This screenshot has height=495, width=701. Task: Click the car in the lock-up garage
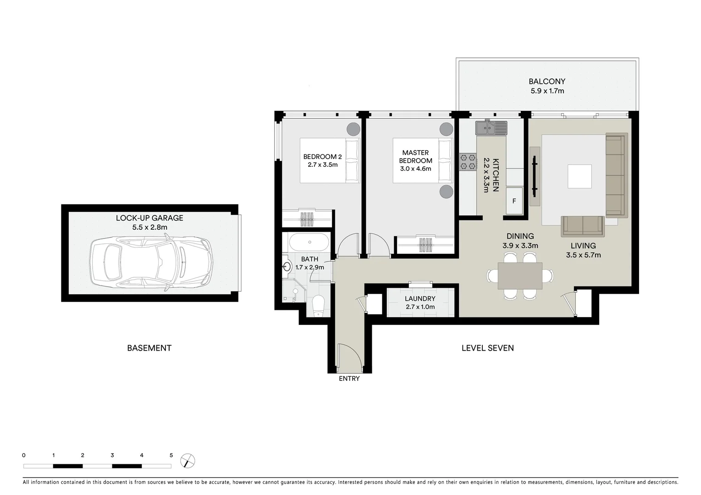coord(151,261)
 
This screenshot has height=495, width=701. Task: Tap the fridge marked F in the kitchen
coord(514,201)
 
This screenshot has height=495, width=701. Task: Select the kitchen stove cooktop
coord(468,162)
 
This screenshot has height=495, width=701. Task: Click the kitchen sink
coord(491,128)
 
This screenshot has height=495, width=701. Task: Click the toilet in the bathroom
coord(318,305)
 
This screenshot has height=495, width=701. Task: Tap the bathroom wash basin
coord(287,266)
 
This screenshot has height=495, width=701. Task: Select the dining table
coord(520,276)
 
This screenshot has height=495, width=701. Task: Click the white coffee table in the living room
coord(580,176)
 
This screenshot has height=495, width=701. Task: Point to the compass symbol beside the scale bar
coord(187,460)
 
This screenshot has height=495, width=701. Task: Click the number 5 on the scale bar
coord(171,456)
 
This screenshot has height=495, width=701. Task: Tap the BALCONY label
coord(547,82)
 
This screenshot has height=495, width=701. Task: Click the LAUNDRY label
coord(420,298)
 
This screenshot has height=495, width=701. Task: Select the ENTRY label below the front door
coord(349,379)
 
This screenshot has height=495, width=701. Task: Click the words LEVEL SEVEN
coord(487,348)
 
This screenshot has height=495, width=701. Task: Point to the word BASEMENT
coord(149,348)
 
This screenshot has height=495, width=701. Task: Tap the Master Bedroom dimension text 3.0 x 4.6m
coord(415,169)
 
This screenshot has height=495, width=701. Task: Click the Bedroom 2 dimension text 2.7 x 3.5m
coord(320,165)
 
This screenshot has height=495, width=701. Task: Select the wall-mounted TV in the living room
coord(534,176)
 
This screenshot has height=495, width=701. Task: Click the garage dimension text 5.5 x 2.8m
coord(149,227)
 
